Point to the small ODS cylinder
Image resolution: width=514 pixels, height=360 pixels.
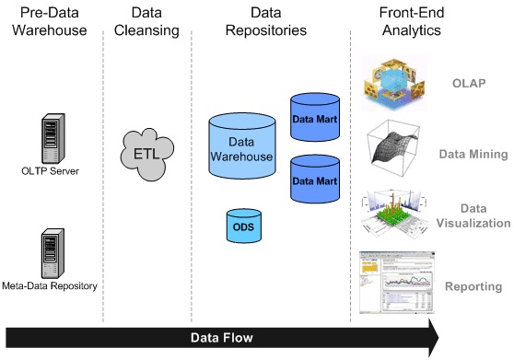coord(242,226)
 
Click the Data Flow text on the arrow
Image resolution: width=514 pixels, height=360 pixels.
coord(221,338)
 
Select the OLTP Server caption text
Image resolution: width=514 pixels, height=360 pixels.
coord(51,171)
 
